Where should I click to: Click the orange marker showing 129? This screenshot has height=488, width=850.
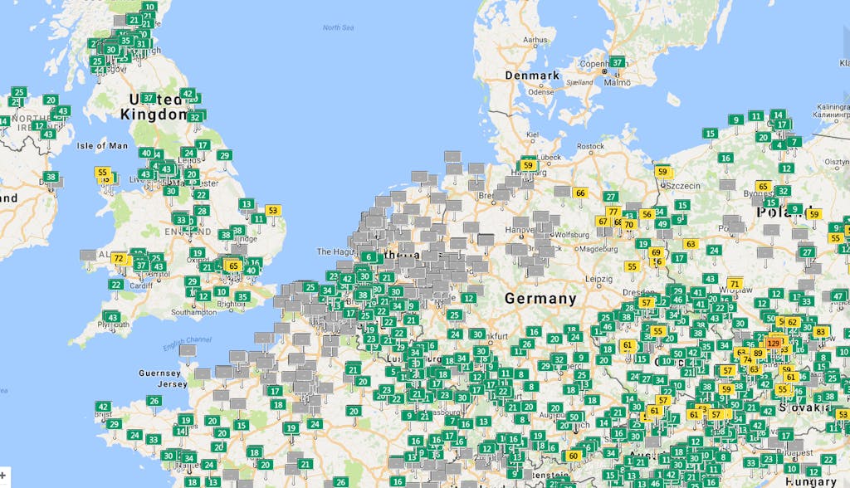774,342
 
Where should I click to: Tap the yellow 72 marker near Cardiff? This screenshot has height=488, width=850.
119,258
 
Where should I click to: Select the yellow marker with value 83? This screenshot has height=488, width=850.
821,331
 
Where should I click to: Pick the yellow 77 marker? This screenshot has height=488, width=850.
613,211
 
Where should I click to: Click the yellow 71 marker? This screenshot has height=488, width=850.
735,284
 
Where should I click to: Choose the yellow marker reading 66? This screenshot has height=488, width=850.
580,193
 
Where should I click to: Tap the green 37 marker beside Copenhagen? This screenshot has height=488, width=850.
617,61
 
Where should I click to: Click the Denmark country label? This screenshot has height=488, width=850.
532,76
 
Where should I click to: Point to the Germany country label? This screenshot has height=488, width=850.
540,298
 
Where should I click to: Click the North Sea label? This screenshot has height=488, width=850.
338,28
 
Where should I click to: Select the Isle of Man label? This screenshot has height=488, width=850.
102,146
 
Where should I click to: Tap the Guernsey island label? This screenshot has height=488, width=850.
160,373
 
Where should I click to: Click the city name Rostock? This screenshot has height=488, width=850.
590,146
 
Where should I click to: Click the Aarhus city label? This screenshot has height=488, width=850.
535,39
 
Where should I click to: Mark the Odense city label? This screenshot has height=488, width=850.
540,92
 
